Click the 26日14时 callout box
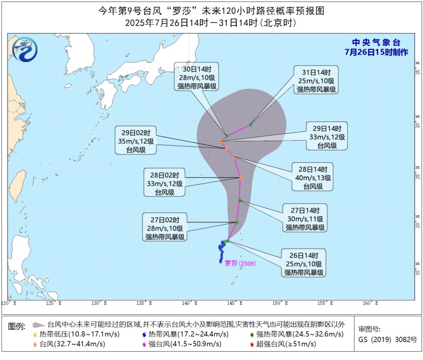pos(304,263)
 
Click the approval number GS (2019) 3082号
pos(388,339)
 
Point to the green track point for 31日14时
pos(251,125)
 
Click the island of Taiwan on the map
pos(18,182)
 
